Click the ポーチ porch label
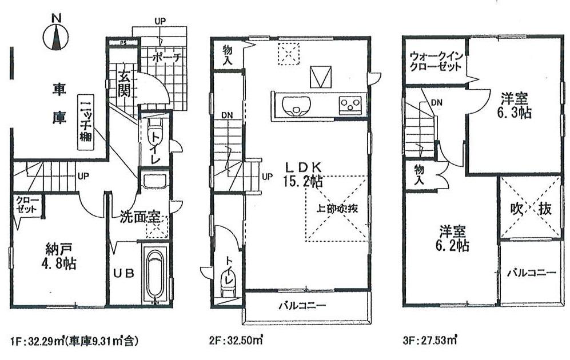pos(168,58)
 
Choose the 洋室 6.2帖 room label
pos(455,239)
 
